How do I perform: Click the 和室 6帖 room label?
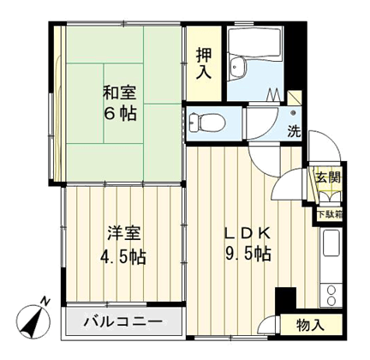120,104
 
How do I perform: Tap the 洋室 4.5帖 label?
123,245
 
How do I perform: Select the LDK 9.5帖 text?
248,243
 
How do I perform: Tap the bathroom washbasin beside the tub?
237,67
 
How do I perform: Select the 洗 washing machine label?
294,131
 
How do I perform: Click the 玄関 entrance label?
328,178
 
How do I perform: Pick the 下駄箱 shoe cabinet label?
330,214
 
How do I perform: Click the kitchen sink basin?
331,243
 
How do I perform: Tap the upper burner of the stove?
331,291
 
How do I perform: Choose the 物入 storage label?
310,325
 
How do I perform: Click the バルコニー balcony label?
123,322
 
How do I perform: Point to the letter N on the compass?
45,301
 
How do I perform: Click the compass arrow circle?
33,321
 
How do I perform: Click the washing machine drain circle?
293,112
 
